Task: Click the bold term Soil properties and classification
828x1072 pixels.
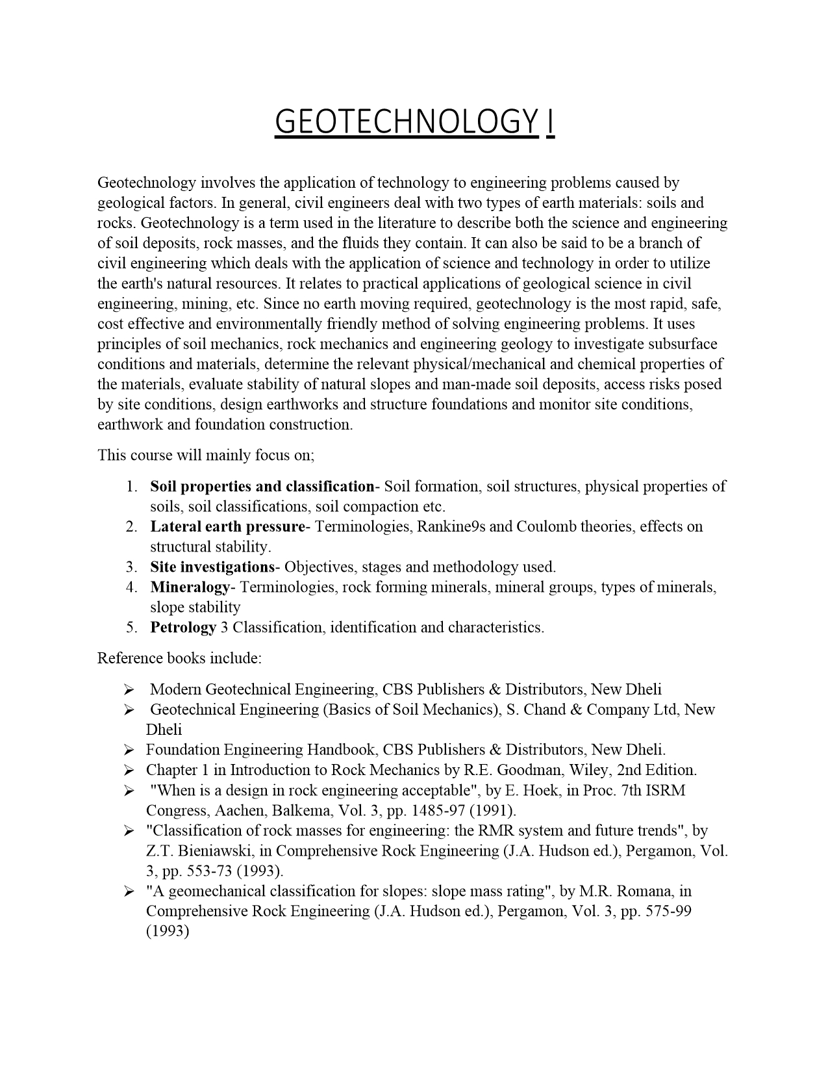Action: pyautogui.click(x=262, y=486)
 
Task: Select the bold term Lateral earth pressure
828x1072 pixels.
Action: pyautogui.click(x=227, y=526)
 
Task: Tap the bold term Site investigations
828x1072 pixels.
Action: pyautogui.click(x=212, y=567)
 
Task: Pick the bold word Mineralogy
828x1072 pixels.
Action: pyautogui.click(x=190, y=587)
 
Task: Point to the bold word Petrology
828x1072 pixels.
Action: pyautogui.click(x=183, y=627)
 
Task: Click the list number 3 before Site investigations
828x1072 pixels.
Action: pyautogui.click(x=131, y=567)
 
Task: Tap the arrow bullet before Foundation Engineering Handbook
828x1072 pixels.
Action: pyautogui.click(x=129, y=750)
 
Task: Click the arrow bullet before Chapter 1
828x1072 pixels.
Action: pyautogui.click(x=129, y=770)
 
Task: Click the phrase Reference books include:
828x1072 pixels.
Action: pyautogui.click(x=179, y=658)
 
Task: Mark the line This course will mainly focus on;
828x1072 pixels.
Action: pyautogui.click(x=206, y=455)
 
